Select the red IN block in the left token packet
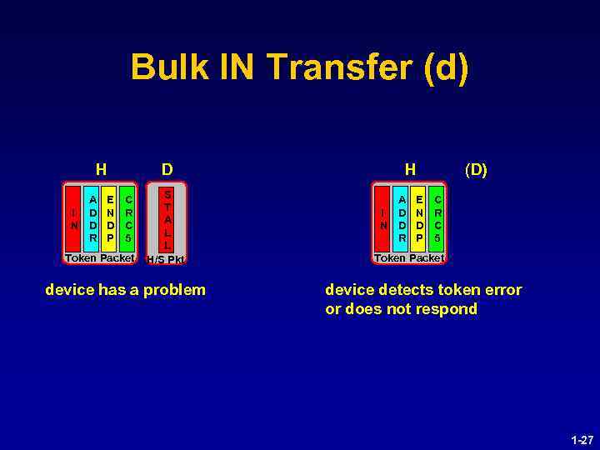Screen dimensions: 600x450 click(x=74, y=219)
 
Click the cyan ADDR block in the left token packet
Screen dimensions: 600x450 click(x=93, y=219)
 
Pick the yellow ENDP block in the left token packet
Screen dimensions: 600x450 click(x=111, y=219)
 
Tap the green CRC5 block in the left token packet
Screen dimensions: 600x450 click(x=127, y=219)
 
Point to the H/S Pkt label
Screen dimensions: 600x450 click(x=165, y=259)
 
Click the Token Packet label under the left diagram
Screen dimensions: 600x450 click(x=100, y=258)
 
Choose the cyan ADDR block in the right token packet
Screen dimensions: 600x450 click(x=402, y=219)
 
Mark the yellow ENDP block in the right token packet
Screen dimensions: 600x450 click(x=420, y=219)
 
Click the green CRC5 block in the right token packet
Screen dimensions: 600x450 click(x=437, y=219)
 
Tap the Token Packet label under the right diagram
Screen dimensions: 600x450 click(x=409, y=258)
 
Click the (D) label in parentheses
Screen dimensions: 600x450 click(x=476, y=170)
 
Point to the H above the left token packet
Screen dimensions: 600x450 click(x=101, y=169)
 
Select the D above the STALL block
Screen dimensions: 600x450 click(x=167, y=169)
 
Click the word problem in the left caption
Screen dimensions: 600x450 click(x=176, y=290)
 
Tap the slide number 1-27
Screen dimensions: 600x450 click(x=582, y=438)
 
